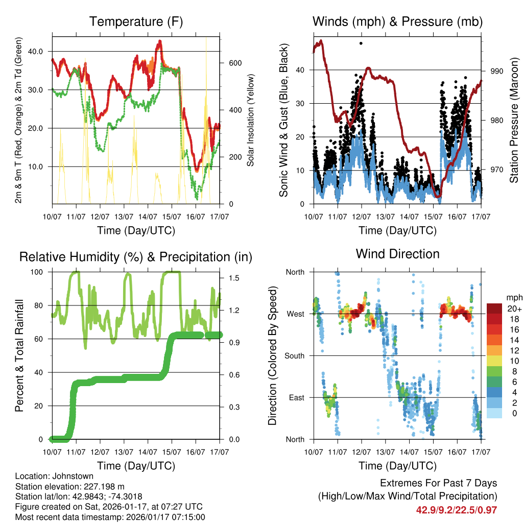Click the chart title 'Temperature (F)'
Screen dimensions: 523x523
(x=136, y=22)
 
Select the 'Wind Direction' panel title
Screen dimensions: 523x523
(x=397, y=254)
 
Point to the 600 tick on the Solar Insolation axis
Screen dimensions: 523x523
(x=234, y=63)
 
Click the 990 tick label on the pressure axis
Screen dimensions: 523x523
(x=496, y=72)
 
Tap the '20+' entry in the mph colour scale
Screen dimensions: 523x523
(x=513, y=308)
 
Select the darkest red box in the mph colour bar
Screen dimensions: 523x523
(x=494, y=308)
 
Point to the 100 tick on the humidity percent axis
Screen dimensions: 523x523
(x=39, y=272)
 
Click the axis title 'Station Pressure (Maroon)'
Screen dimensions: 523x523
(x=514, y=121)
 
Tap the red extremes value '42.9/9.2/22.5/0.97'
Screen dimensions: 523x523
(x=457, y=510)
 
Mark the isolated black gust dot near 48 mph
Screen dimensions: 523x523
(x=361, y=43)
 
